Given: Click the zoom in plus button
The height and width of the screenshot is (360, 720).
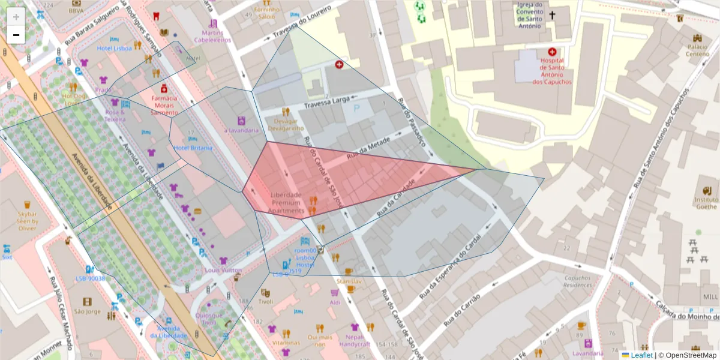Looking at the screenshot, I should click(x=16, y=17).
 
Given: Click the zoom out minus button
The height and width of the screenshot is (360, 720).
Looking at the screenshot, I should click(x=16, y=35).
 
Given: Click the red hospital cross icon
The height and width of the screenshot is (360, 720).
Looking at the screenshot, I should click(x=551, y=53).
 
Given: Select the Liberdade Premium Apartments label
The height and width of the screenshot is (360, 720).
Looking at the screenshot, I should click(x=286, y=203).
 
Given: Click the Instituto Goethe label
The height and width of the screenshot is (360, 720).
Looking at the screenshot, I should click(x=706, y=203).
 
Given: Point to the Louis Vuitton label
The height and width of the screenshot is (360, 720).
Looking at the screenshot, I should click(x=223, y=270).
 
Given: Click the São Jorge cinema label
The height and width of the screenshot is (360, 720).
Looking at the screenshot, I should click(x=88, y=311).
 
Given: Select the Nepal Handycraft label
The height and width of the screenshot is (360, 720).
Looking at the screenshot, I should click(x=354, y=340).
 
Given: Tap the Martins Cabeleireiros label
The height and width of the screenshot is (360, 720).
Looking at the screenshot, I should click(x=212, y=36).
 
